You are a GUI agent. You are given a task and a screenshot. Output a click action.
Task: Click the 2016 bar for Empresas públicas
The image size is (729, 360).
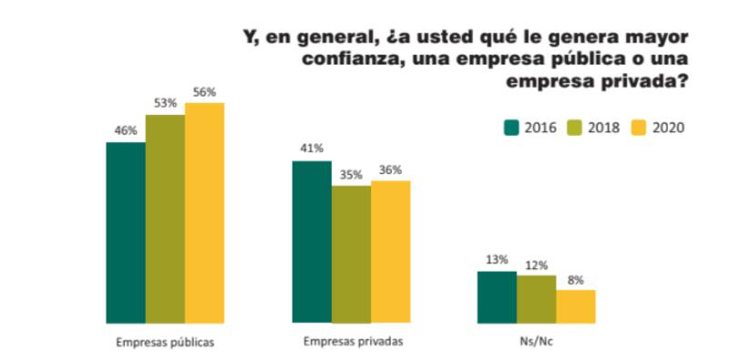click(x=126, y=232)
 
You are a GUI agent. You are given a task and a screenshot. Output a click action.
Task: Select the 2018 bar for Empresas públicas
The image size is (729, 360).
click(x=165, y=219)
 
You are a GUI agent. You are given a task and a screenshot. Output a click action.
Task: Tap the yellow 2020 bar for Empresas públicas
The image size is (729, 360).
click(x=204, y=213)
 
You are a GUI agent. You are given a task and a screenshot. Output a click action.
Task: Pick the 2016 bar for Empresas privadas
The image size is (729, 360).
click(x=311, y=242)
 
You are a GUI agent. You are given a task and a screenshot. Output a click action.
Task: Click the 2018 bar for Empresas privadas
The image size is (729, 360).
click(x=351, y=254)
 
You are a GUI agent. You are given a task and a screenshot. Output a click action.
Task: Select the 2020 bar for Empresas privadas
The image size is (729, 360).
click(x=390, y=252)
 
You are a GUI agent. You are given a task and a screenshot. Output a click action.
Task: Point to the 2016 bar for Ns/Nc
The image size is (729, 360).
click(x=497, y=297)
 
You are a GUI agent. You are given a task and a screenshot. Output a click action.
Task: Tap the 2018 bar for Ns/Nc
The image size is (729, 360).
click(x=536, y=299)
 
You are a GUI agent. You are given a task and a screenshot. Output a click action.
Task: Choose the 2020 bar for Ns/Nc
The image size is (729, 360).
click(x=575, y=306)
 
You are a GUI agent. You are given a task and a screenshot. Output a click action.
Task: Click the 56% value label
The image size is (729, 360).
click(x=204, y=93)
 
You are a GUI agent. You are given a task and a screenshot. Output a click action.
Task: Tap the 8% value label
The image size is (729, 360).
click(x=575, y=280)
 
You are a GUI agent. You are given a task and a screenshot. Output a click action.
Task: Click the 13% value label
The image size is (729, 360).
click(x=497, y=261)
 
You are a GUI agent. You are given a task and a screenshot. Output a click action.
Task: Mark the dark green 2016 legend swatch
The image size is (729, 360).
click(x=511, y=127)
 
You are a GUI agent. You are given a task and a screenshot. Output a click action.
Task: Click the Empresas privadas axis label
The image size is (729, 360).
click(x=351, y=342)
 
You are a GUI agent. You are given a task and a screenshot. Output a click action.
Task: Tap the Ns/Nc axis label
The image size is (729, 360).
click(x=536, y=342)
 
